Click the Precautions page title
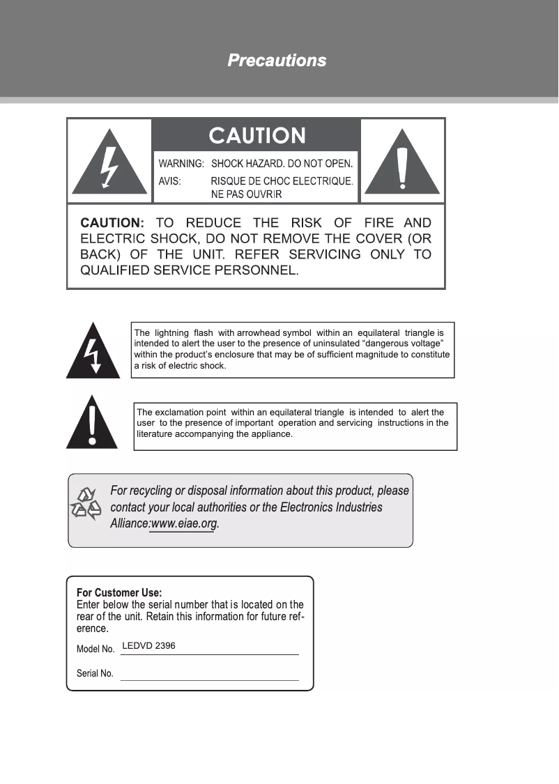pos(277,61)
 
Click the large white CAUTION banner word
pos(257,135)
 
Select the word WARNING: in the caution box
pos(181,164)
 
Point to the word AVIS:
pos(170,180)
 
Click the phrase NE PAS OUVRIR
pos(246,194)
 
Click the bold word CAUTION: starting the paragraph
pos(112,223)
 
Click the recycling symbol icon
pos(86,505)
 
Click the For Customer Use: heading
pos(119,593)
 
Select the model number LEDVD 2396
pos(148,646)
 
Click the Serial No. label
pos(95,674)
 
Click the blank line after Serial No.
pos(209,675)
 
